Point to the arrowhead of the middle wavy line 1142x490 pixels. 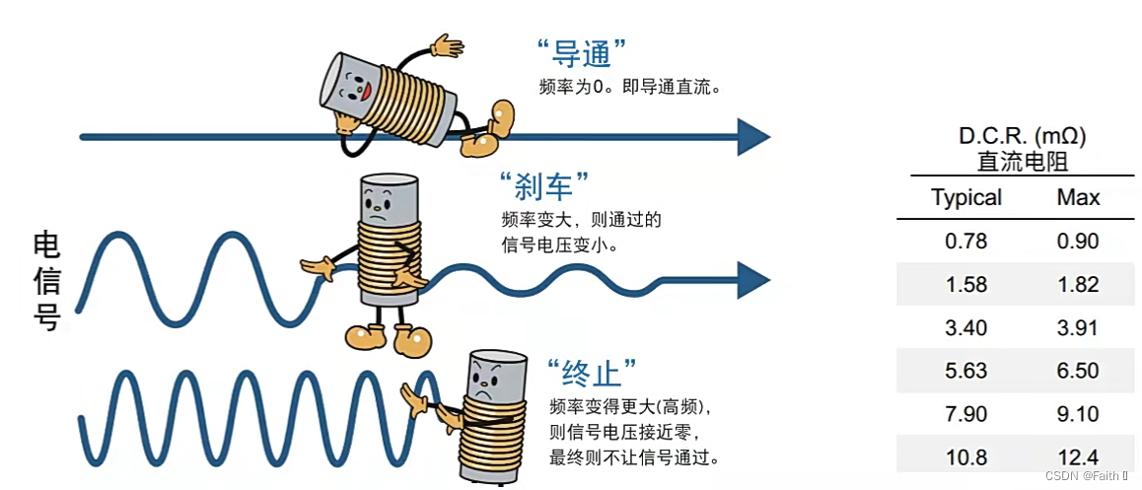(752, 280)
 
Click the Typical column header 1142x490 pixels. (965, 197)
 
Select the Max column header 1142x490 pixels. (1078, 197)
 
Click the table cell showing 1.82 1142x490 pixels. (1078, 285)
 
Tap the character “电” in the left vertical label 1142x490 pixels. (46, 245)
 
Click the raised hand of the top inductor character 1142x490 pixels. (447, 45)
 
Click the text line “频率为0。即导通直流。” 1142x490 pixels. (631, 87)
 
